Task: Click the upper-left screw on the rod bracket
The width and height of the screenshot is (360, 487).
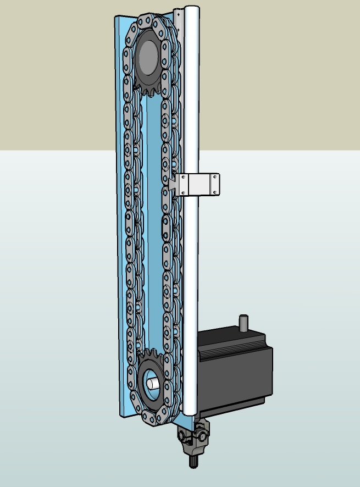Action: pyautogui.click(x=184, y=177)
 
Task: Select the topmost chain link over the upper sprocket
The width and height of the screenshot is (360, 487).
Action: pyautogui.click(x=148, y=20)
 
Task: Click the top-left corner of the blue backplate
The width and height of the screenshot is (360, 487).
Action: pyautogui.click(x=116, y=18)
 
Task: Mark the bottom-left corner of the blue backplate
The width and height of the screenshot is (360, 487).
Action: pyautogui.click(x=120, y=415)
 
